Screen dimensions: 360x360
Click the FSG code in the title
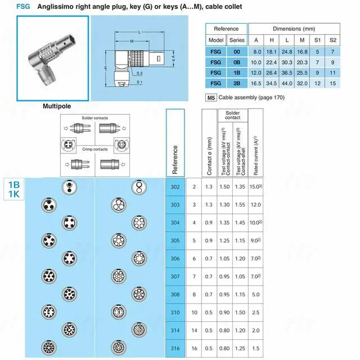23,7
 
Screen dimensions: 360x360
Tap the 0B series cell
237,61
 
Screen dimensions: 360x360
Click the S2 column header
332,40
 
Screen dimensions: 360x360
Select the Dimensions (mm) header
294,28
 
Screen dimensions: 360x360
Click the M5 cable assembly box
211,97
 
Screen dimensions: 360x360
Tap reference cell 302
175,187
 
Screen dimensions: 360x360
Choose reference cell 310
175,312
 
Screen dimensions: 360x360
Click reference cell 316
175,348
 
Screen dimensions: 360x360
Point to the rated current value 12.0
256,205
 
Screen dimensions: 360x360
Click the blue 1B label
14,184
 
